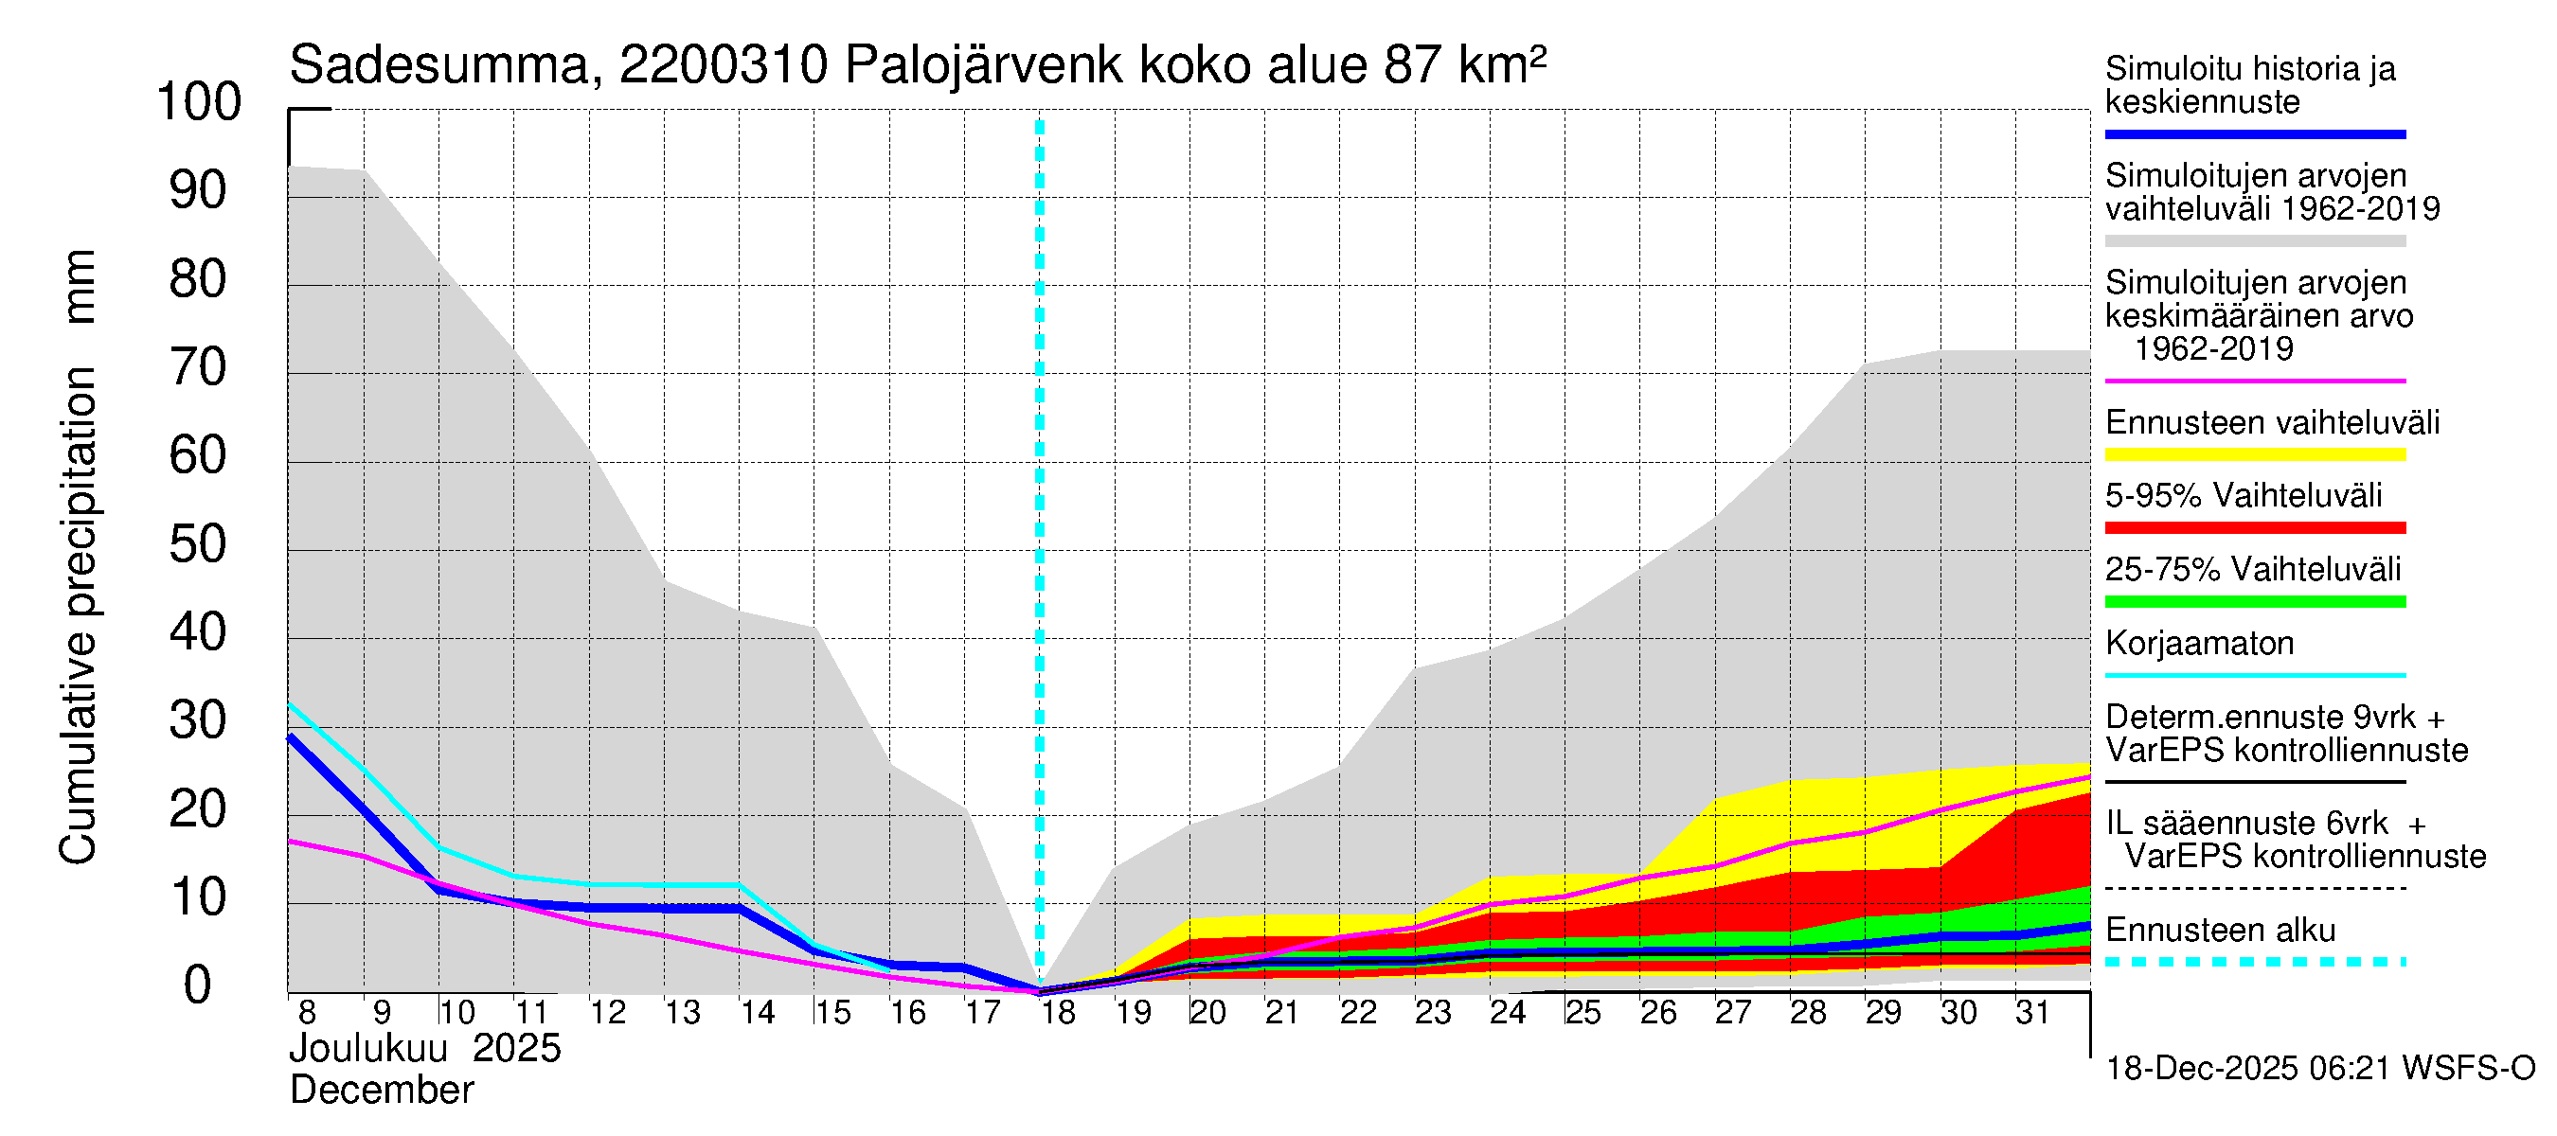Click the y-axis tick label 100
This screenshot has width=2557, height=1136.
(199, 102)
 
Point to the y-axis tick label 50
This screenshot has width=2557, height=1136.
(199, 544)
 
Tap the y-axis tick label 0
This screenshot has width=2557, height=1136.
(198, 985)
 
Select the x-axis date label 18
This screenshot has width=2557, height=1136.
(1058, 1013)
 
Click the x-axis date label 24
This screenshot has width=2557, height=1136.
(1508, 1013)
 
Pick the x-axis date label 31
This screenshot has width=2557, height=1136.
(2033, 1013)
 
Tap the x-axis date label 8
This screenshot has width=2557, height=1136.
(307, 1013)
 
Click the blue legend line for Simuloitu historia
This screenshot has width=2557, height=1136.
(2254, 133)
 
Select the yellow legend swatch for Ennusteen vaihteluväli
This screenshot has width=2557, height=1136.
(2254, 455)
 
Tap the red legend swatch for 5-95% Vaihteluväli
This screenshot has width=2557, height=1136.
(2254, 528)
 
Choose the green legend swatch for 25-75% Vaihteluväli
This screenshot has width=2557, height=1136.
(2254, 601)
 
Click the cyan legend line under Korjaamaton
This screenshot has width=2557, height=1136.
(2254, 676)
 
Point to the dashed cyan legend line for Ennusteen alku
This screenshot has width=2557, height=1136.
(2254, 962)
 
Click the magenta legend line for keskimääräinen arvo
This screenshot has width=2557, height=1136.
(2254, 381)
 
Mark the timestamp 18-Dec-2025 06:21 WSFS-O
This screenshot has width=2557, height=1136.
(2319, 1069)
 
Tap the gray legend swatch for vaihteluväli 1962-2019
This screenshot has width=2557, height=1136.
(2254, 241)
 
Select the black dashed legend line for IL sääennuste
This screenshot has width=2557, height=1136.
(2254, 888)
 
